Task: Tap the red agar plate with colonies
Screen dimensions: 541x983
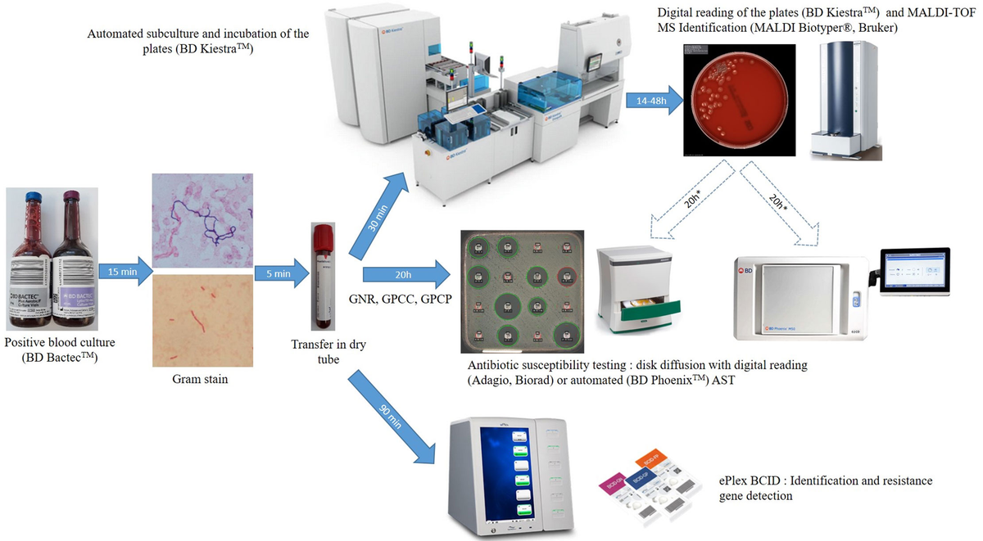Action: point(731,100)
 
